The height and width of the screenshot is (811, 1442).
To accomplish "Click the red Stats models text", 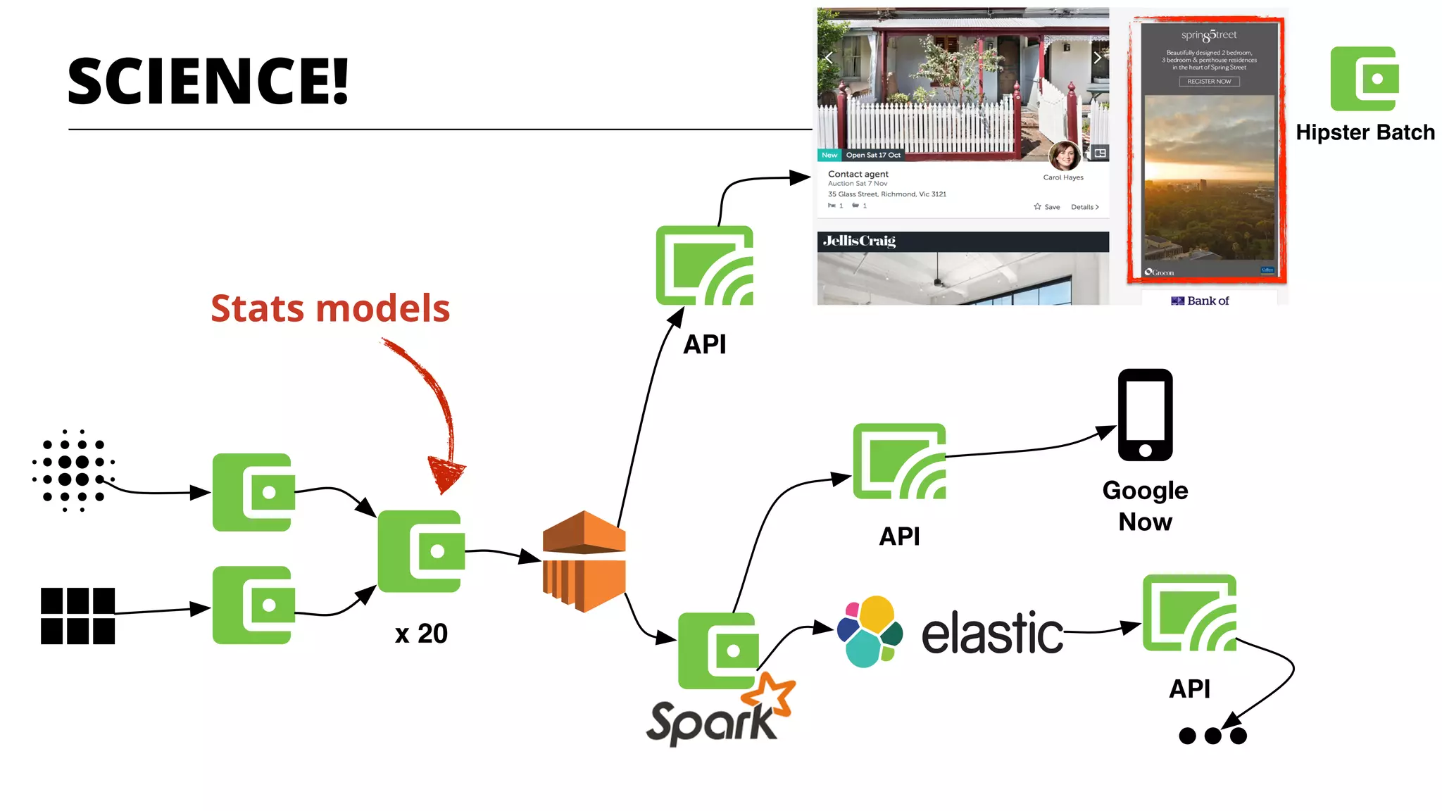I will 330,308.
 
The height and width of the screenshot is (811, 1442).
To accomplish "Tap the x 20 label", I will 421,634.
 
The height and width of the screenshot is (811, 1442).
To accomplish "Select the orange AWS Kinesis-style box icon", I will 584,561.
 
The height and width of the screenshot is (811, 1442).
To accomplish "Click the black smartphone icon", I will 1145,415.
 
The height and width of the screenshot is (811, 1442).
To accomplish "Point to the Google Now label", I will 1145,505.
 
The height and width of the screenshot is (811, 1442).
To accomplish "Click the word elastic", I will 992,633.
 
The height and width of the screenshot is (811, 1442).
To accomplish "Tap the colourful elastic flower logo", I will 870,631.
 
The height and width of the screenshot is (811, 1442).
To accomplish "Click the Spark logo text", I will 711,722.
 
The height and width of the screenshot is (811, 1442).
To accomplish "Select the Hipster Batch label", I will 1365,132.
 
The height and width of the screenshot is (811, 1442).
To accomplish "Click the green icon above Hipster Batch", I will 1364,78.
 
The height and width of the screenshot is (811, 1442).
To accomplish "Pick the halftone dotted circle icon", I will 73,470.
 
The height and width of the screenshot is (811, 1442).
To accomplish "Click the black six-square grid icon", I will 77,616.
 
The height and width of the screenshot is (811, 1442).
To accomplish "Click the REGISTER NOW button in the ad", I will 1209,82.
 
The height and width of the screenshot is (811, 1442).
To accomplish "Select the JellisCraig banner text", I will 859,241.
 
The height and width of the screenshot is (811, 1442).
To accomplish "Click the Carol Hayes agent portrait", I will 1064,156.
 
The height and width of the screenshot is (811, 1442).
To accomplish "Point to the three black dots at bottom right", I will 1212,736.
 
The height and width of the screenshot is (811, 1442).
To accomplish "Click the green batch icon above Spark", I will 718,650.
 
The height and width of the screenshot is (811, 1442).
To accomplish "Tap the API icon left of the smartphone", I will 899,462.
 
